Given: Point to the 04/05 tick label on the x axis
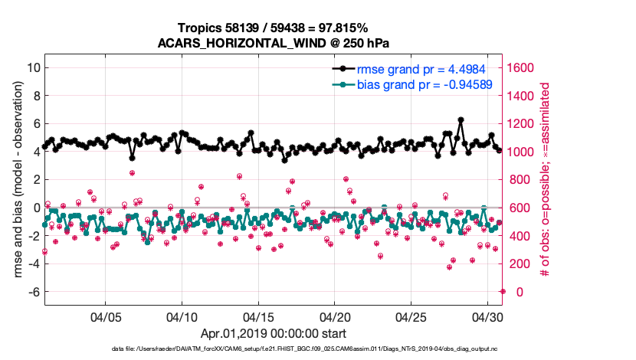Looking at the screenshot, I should (106, 316).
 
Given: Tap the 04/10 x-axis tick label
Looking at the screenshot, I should (182, 316).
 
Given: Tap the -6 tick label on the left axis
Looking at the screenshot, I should (33, 292).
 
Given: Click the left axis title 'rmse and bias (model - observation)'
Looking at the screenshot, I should (17, 179).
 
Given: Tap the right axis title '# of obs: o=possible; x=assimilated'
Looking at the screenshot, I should (547, 179).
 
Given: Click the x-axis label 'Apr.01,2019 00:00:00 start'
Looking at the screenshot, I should (274, 334).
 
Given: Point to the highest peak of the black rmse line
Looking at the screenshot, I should (461, 120).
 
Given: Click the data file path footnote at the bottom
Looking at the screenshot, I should (274, 349).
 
